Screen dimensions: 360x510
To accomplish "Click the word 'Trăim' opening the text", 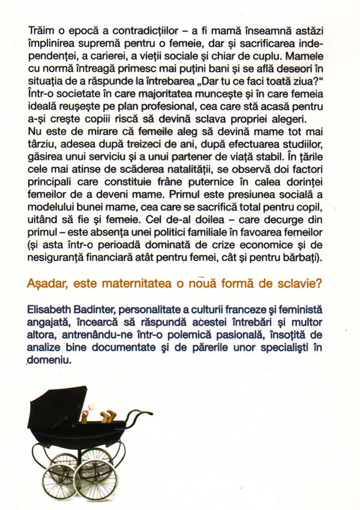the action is [41, 29].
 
